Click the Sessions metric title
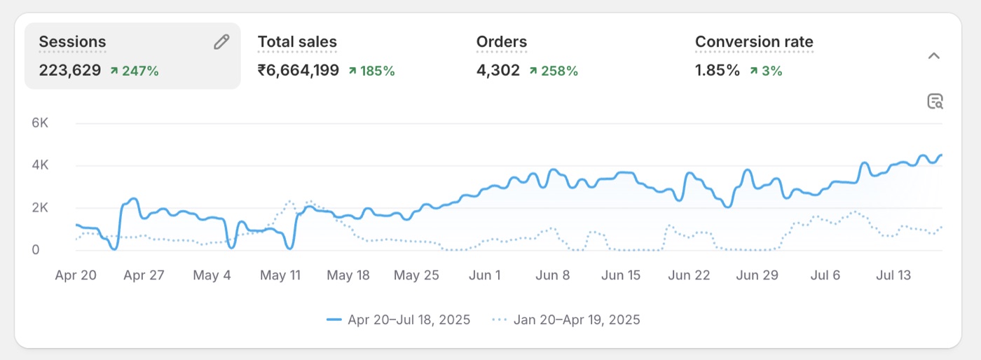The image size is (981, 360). (72, 41)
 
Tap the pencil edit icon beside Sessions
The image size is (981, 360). (221, 41)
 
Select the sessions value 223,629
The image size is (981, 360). (70, 70)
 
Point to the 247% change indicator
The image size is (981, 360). (135, 71)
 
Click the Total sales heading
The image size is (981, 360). (297, 41)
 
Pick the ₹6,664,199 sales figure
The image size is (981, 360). (299, 70)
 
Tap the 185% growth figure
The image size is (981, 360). (372, 71)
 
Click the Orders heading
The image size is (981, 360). (502, 41)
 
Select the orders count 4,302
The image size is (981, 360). (498, 70)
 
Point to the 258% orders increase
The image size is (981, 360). (554, 71)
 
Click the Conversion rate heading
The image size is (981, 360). (754, 41)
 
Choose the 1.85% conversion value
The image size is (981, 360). (718, 70)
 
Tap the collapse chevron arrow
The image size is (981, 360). (933, 55)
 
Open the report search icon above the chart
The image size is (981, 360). (935, 101)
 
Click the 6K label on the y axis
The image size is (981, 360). (40, 123)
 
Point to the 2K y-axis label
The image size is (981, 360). (40, 207)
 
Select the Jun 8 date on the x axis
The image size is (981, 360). (553, 275)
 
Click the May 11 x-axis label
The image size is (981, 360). (280, 275)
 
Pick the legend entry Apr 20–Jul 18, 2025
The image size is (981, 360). (398, 319)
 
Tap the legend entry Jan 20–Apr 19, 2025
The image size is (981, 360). (566, 319)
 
